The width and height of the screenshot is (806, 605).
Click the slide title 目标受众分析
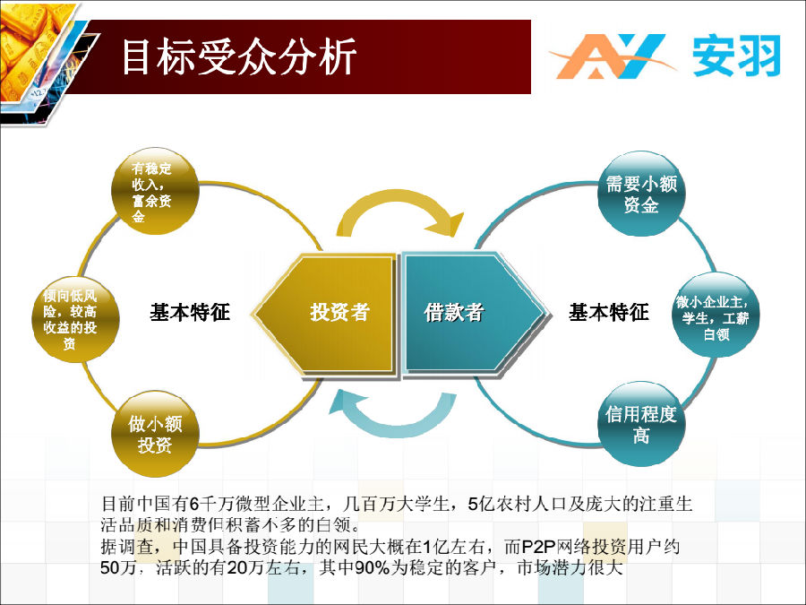[239, 56]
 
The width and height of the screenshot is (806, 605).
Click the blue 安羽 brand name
[737, 56]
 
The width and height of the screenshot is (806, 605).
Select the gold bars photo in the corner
[39, 56]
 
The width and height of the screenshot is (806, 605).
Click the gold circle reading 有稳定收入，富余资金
[155, 192]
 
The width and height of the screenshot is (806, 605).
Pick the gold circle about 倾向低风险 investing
[75, 319]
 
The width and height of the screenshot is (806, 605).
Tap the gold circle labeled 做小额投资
[155, 434]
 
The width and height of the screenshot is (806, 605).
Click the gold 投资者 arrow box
[325, 313]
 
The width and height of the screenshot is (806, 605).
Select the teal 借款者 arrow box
[474, 313]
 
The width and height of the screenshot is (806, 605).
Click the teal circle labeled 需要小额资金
[641, 194]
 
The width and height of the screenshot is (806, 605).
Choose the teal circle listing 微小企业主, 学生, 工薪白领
[716, 315]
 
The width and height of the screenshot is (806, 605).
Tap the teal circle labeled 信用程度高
[641, 425]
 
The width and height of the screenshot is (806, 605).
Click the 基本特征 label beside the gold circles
[190, 312]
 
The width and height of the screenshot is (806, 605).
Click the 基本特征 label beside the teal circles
[609, 312]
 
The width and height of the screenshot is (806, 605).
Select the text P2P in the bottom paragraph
[538, 547]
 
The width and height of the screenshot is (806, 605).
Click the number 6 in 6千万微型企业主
[193, 503]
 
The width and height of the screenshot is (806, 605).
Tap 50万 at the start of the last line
[117, 567]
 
